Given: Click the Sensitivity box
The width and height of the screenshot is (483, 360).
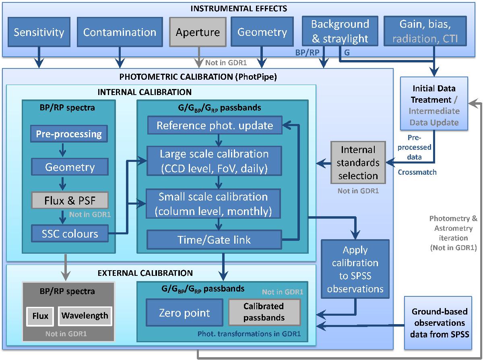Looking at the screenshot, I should click(x=39, y=32).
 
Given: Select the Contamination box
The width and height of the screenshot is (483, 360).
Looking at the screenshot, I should click(x=120, y=32).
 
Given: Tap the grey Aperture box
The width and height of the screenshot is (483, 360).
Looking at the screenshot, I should click(x=198, y=32).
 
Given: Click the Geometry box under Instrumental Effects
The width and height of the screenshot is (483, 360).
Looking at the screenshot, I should click(x=262, y=32).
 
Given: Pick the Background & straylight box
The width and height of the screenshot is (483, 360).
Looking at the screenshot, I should click(x=340, y=31).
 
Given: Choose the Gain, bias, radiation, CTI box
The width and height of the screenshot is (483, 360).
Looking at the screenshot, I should click(x=425, y=31).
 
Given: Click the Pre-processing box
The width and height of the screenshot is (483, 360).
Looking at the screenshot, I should click(x=69, y=134).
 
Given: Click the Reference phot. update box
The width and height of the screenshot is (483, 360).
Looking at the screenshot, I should click(x=215, y=125).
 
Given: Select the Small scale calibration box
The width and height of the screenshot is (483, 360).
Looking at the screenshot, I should click(x=215, y=203).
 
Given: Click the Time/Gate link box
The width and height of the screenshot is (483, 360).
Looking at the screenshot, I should click(x=215, y=240).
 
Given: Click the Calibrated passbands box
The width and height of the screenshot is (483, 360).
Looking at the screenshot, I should click(x=264, y=312).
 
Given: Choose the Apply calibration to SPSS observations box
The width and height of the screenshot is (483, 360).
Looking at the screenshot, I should click(x=355, y=269).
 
